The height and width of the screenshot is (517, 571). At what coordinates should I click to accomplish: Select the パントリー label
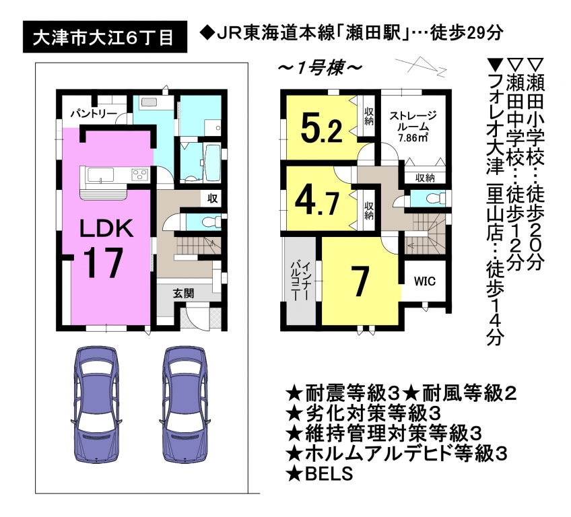[x=94, y=114]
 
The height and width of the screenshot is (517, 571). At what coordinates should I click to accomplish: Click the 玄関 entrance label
[x=183, y=293]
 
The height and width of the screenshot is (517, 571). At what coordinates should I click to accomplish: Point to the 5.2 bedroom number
[x=322, y=127]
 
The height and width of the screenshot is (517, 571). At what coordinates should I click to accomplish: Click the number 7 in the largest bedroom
[x=360, y=281]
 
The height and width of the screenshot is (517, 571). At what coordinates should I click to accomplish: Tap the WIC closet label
[x=425, y=281]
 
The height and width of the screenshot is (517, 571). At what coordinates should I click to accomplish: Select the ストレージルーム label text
[x=413, y=121]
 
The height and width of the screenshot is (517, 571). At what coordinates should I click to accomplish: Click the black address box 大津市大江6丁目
[x=105, y=37]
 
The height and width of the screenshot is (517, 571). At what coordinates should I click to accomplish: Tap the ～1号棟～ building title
[x=321, y=69]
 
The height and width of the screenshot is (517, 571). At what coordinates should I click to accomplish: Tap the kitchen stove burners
[x=139, y=174]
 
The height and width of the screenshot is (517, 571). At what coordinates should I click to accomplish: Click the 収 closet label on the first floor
[x=212, y=199]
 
